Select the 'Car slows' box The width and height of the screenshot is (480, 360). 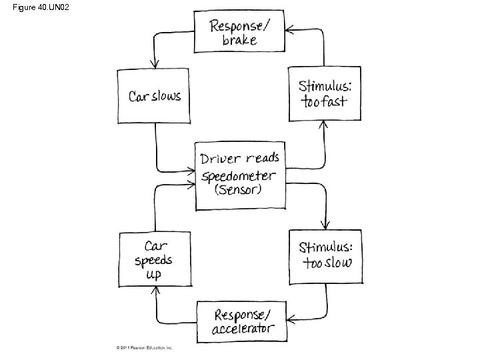(x=155, y=96)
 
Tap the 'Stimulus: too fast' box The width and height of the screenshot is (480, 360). (x=325, y=93)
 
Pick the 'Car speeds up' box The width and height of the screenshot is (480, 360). (x=154, y=259)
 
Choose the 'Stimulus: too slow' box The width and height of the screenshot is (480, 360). (x=325, y=256)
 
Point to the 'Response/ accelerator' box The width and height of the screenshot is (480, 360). (x=243, y=321)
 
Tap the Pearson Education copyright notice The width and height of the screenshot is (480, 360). (x=145, y=348)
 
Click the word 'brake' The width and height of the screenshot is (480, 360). (x=239, y=40)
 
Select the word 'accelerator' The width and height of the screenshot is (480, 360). (x=243, y=329)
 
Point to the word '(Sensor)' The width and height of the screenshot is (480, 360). (x=239, y=190)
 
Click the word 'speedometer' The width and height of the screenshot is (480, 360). (x=239, y=175)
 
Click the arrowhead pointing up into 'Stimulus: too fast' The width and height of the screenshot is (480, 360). (x=324, y=125)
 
